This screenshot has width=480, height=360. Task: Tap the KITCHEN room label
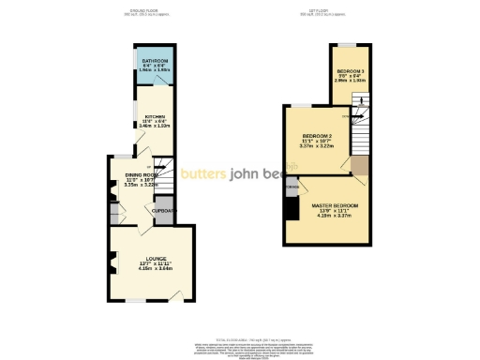tap(155, 117)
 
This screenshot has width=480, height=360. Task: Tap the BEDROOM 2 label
tap(318, 136)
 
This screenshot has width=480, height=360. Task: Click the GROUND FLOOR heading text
tap(145, 10)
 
